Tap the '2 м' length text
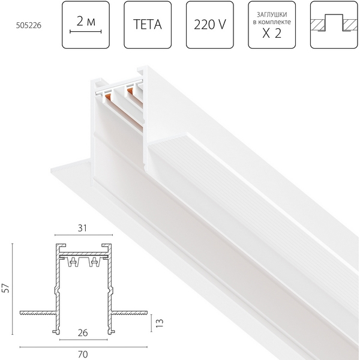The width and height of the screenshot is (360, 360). (x=86, y=21)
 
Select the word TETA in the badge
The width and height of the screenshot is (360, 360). (x=148, y=26)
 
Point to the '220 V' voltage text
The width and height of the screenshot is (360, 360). (x=210, y=26)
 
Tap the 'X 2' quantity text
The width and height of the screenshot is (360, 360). (x=272, y=34)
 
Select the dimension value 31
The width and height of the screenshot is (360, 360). (x=83, y=229)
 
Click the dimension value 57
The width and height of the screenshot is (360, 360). (x=5, y=288)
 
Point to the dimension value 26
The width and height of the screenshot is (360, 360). (x=83, y=332)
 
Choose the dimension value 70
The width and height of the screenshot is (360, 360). (x=83, y=354)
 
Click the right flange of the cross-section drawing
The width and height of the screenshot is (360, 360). (x=130, y=312)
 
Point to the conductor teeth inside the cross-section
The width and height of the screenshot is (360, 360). (x=83, y=262)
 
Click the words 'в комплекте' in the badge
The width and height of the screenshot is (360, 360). (x=272, y=23)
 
